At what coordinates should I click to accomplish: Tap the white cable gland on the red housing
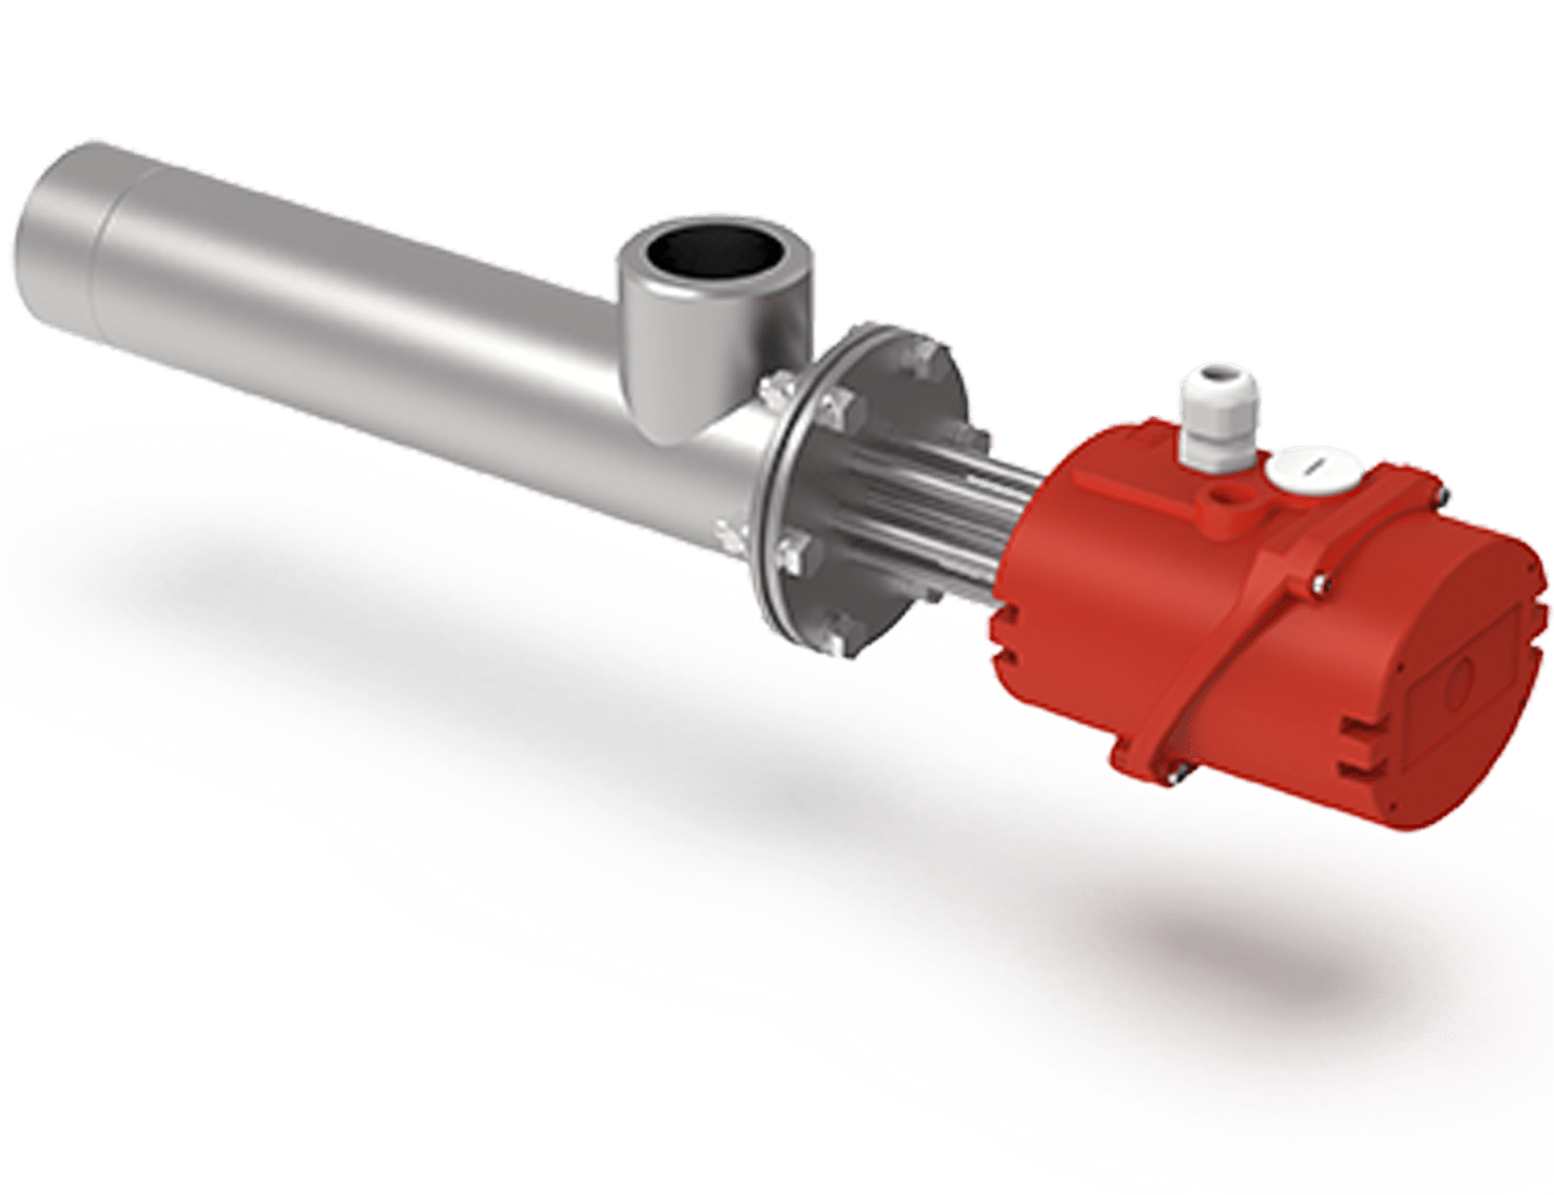pyautogui.click(x=1204, y=417)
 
